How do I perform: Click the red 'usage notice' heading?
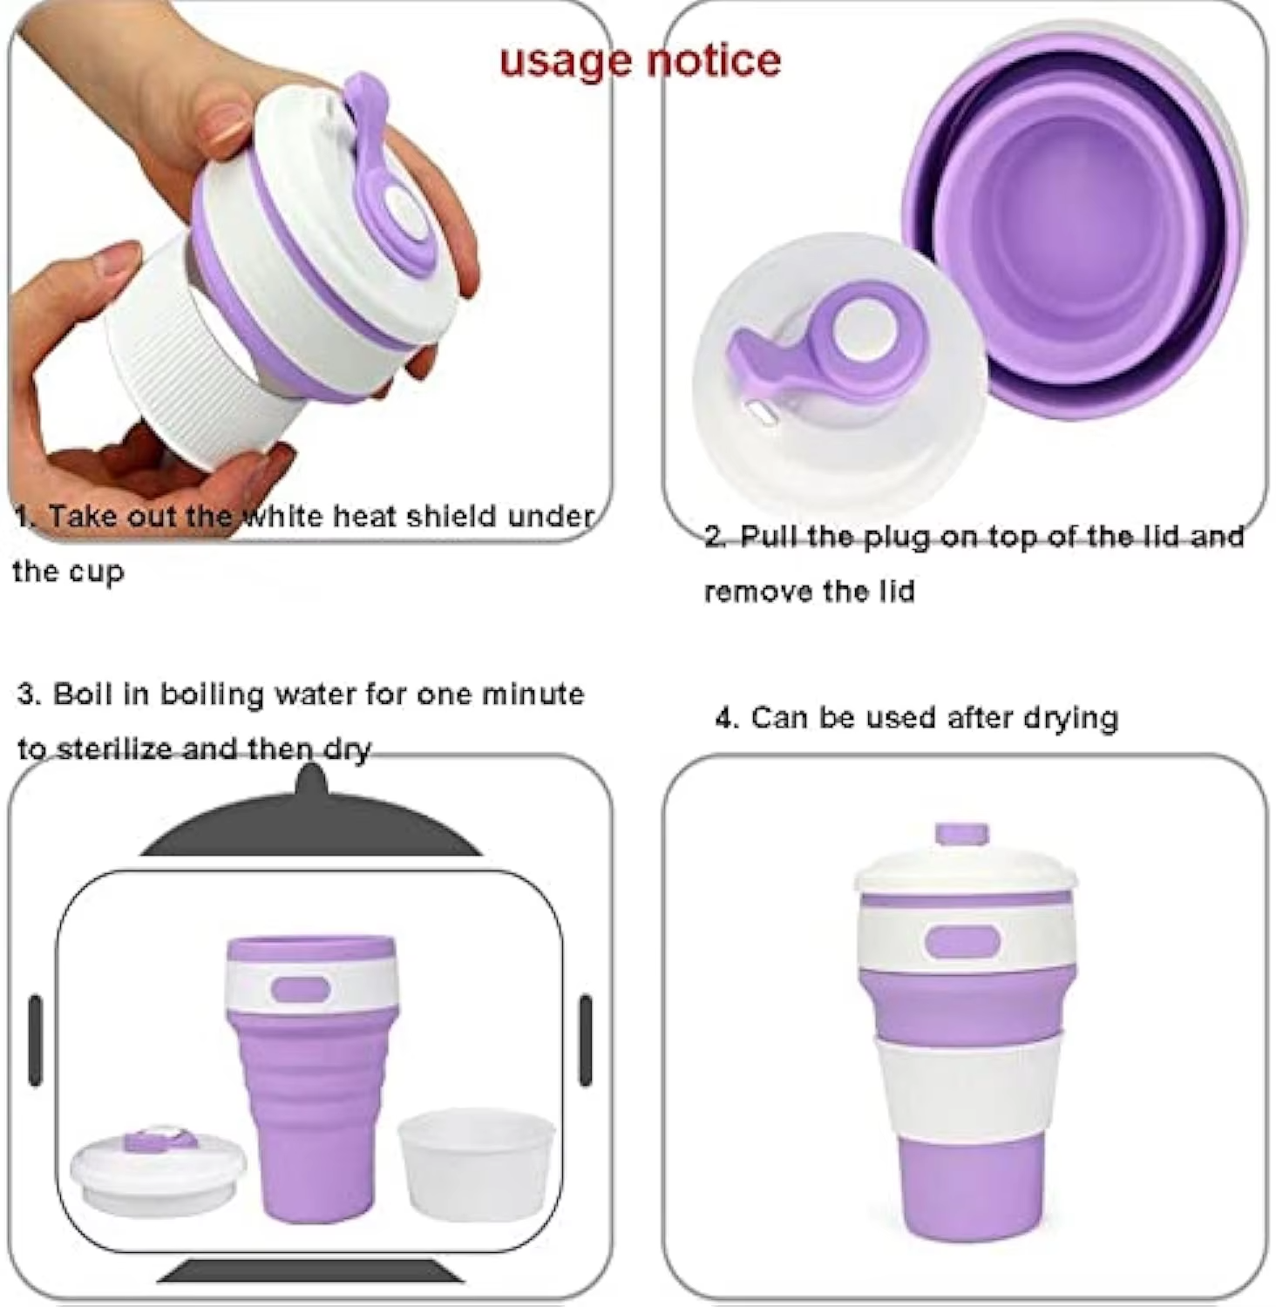pyautogui.click(x=640, y=60)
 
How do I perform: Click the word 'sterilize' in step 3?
pyautogui.click(x=113, y=748)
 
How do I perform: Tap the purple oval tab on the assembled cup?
pyautogui.click(x=963, y=942)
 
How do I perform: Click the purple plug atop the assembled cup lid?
pyautogui.click(x=962, y=834)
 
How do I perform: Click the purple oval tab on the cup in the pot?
pyautogui.click(x=301, y=990)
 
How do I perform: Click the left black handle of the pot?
pyautogui.click(x=36, y=1040)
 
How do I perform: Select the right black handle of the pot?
pyautogui.click(x=586, y=1040)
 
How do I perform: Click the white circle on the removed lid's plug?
pyautogui.click(x=865, y=335)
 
